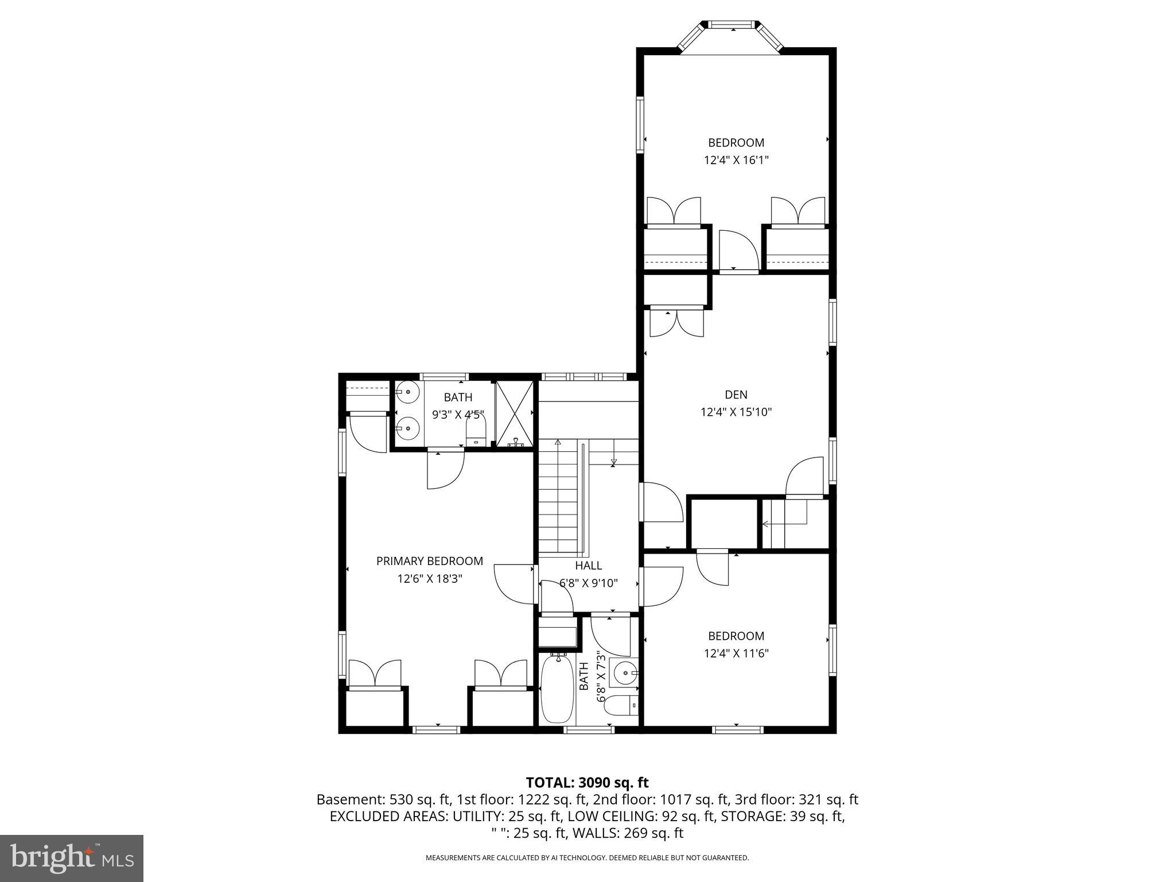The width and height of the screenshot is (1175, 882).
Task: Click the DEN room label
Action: coord(736,394)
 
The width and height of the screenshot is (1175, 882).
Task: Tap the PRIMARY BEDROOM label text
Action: coord(429,561)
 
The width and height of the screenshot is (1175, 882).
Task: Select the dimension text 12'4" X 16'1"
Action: coord(736,160)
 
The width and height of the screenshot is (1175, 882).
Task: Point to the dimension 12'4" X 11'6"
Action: coord(736,653)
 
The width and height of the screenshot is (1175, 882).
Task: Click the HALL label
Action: coord(588,566)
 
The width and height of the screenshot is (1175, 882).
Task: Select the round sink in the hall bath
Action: coord(622,672)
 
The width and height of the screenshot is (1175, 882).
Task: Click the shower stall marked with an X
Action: coord(514,413)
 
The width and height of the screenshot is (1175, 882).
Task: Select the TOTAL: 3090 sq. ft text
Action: coord(587,782)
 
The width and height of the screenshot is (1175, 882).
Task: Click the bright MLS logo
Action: coord(72,858)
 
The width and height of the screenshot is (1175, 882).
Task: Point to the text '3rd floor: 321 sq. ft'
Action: coord(807,799)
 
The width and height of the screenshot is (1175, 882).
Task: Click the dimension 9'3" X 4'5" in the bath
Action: coord(458,414)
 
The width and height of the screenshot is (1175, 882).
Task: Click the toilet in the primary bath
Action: coord(476,432)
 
